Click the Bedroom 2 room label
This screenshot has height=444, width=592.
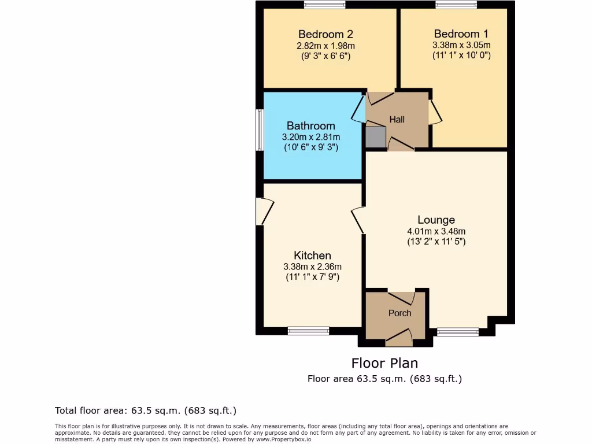[x=325, y=34]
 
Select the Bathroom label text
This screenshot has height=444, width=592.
[x=310, y=126]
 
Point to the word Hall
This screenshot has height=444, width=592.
[x=397, y=120]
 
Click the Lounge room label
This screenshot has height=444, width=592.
[x=436, y=220]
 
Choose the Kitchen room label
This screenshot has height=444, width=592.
[x=312, y=256]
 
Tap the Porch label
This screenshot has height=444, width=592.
[x=399, y=313]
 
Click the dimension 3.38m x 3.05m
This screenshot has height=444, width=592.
[x=461, y=45]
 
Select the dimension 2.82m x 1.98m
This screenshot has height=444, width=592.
[x=325, y=45]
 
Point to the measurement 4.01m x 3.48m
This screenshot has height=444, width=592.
[x=436, y=231]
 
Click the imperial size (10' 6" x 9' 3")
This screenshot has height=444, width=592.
[x=310, y=147]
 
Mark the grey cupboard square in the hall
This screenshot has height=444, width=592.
[x=375, y=137]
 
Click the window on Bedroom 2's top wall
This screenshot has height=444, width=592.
[x=324, y=5]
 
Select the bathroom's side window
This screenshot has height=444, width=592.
[x=260, y=130]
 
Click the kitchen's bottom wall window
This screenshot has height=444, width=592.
[x=308, y=331]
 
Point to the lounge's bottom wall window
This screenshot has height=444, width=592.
[x=457, y=332]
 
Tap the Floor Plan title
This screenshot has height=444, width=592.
[x=384, y=363]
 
